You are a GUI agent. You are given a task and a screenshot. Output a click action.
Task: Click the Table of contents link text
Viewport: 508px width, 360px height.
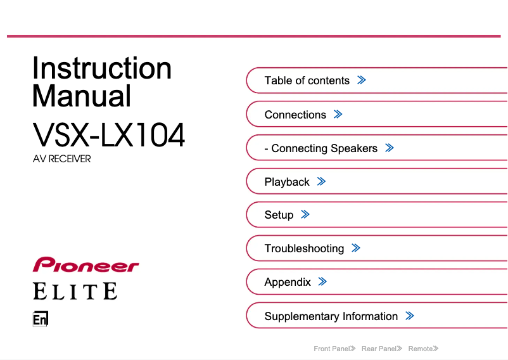tap(307, 80)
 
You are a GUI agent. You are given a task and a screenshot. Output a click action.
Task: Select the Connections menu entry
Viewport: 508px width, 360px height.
tap(295, 115)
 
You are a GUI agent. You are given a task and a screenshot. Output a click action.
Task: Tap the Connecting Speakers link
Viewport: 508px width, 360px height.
tap(321, 148)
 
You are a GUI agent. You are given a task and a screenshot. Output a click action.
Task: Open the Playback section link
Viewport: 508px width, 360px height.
tap(287, 182)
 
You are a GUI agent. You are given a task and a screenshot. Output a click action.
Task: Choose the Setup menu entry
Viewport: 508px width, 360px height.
tap(279, 215)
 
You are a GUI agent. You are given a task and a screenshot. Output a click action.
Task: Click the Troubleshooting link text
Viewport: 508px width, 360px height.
tap(304, 248)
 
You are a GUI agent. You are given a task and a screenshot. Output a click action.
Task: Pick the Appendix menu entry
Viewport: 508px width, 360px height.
tap(288, 282)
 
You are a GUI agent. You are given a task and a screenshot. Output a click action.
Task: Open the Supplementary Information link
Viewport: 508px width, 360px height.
tap(331, 316)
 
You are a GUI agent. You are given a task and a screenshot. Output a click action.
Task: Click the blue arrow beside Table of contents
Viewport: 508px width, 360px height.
tap(362, 80)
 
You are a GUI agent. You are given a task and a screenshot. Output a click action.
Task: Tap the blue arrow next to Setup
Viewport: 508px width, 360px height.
tap(305, 214)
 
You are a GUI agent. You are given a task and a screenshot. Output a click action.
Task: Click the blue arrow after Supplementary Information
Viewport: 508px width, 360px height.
tap(410, 316)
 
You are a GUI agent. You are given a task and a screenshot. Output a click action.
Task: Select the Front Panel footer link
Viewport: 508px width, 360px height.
tap(334, 349)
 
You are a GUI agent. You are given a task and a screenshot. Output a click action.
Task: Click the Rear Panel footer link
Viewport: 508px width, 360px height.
tap(382, 349)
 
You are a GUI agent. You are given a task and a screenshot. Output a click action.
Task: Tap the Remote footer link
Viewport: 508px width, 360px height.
tap(423, 349)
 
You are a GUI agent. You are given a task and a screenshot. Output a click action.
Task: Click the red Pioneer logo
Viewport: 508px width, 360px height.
tap(86, 264)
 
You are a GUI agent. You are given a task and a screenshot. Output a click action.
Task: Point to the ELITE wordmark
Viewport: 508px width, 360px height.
tap(75, 291)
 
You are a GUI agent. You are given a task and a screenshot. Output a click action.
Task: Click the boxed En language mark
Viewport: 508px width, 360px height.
tap(41, 319)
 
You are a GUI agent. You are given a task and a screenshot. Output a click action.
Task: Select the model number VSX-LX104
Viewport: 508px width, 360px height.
tap(109, 135)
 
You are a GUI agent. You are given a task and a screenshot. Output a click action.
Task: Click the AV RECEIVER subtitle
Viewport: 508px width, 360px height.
tap(62, 159)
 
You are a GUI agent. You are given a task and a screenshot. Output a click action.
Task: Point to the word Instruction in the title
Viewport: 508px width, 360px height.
tap(102, 68)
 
